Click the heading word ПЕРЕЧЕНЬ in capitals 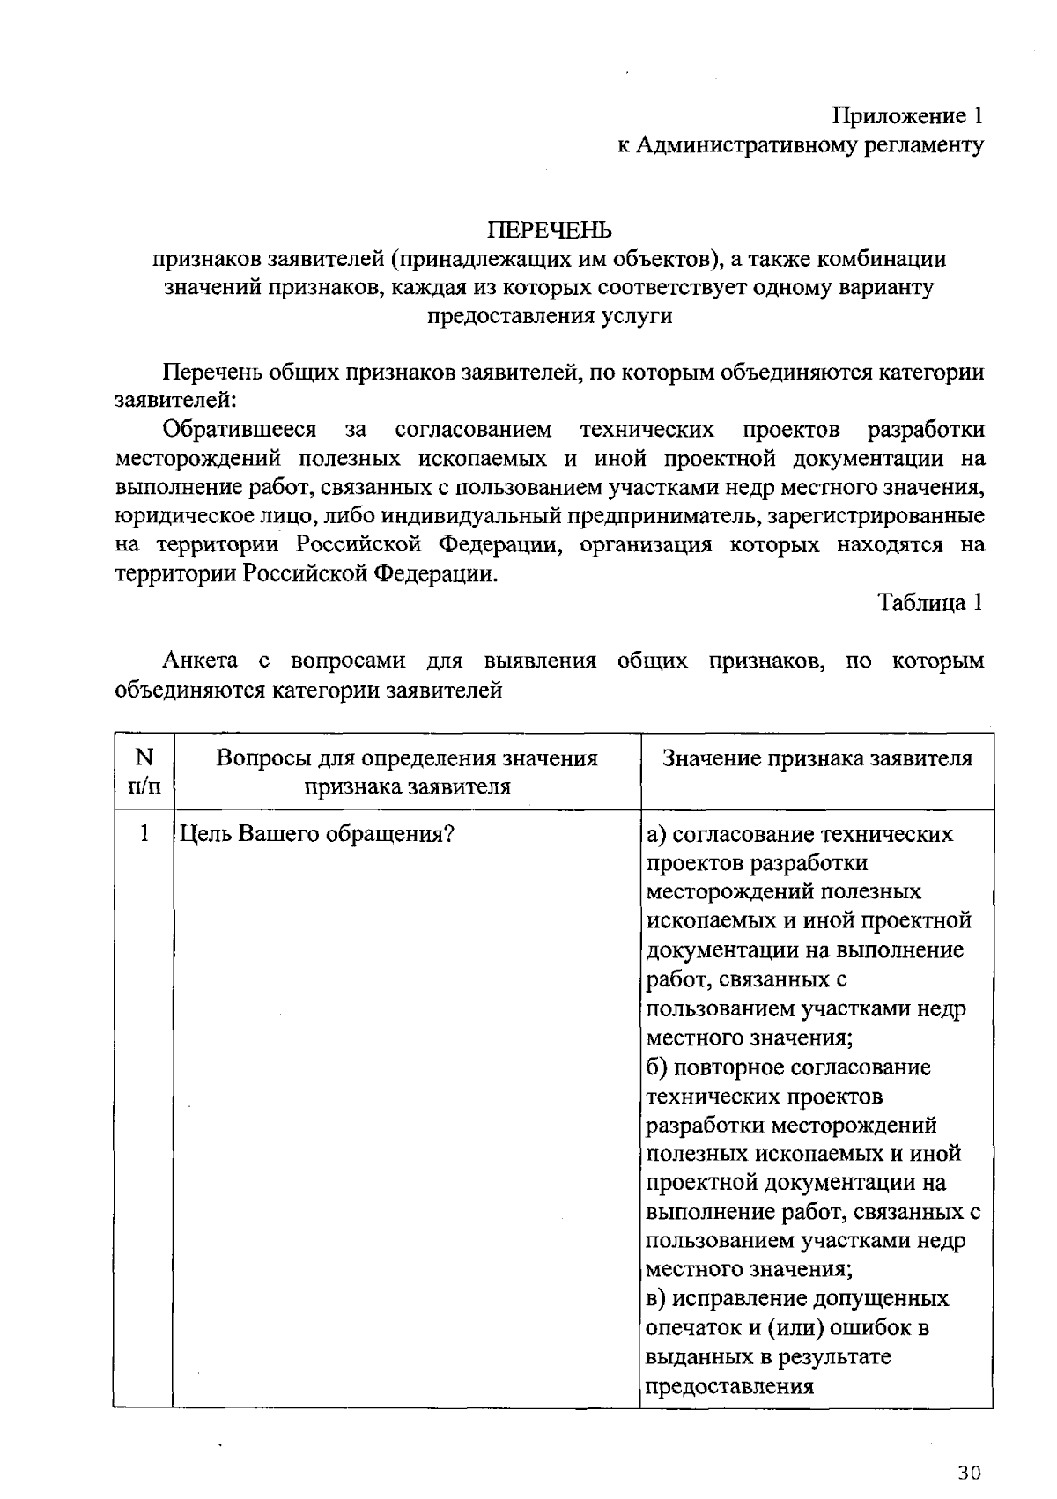point(550,231)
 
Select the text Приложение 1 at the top point(907,116)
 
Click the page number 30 point(969,1473)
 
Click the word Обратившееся point(240,430)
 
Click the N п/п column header point(144,772)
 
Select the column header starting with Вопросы point(407,772)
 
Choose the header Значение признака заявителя point(817,758)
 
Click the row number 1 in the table point(144,833)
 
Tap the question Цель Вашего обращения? point(315,833)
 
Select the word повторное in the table point(728,1067)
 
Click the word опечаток point(697,1328)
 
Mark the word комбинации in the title point(881,260)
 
